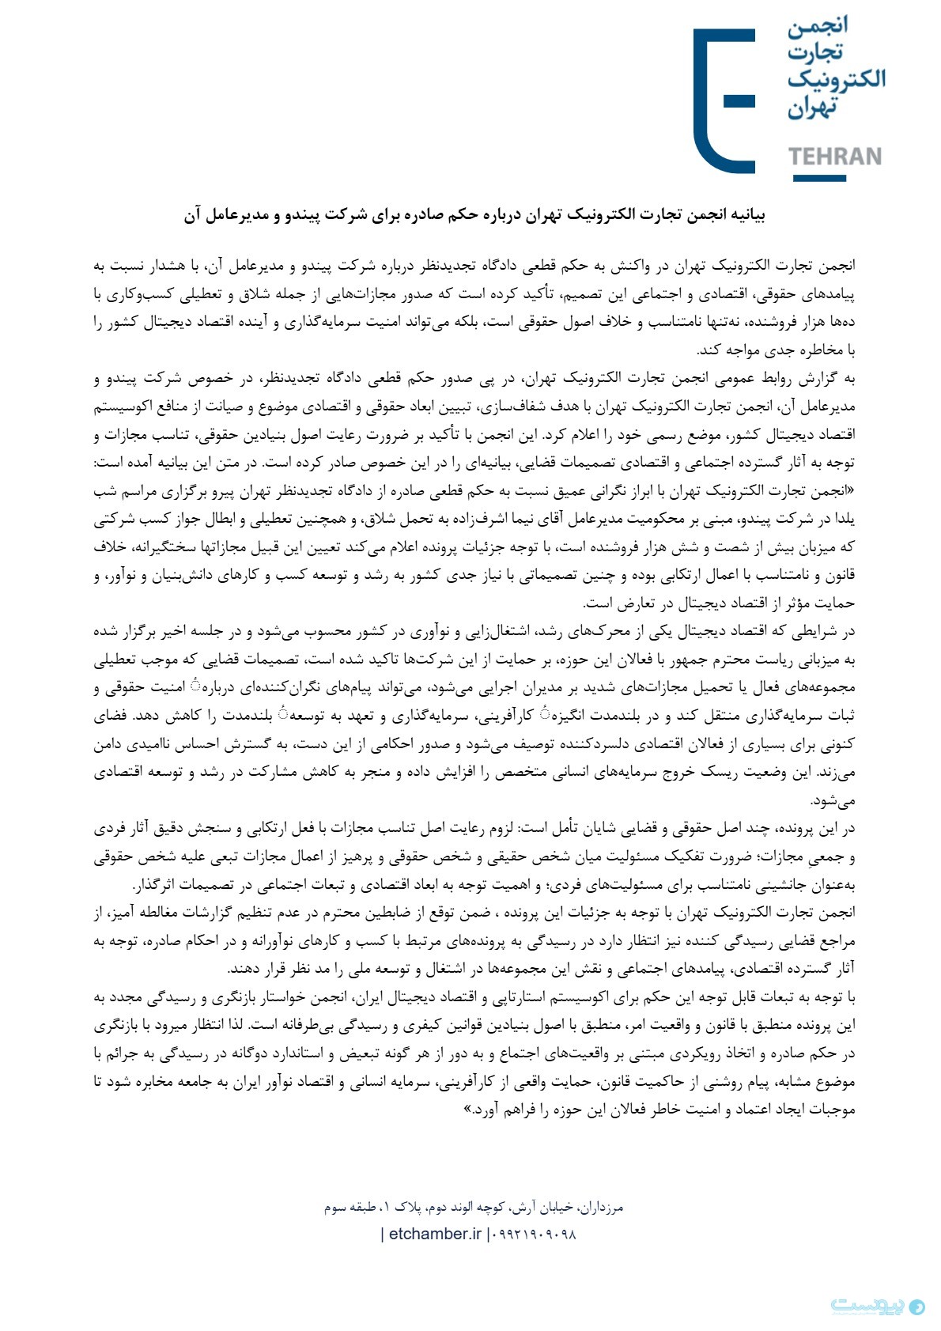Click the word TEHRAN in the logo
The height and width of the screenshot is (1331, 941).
(x=834, y=157)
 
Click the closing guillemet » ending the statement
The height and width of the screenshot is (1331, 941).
(x=467, y=1109)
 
